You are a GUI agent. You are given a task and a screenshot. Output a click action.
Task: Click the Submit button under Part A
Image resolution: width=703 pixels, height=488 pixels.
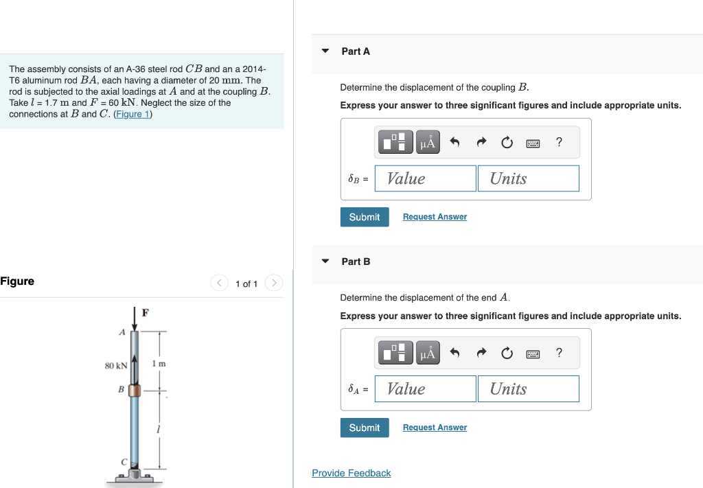[x=364, y=217]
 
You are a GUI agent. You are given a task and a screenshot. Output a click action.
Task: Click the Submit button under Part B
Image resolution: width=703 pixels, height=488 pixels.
[x=364, y=428]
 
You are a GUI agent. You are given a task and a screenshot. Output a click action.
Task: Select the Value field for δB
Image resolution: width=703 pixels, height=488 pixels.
[x=426, y=178]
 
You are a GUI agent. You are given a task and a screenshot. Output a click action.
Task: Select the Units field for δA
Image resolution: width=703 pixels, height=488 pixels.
[x=528, y=389]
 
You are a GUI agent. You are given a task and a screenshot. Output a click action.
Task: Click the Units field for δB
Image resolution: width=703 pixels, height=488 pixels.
[x=528, y=178]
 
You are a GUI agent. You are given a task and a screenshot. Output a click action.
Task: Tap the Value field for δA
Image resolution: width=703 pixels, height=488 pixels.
[x=426, y=389]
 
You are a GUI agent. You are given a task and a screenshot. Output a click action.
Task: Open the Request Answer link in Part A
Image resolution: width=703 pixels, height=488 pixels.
[x=435, y=217]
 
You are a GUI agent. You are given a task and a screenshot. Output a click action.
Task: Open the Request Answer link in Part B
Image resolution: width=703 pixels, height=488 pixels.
[x=435, y=428]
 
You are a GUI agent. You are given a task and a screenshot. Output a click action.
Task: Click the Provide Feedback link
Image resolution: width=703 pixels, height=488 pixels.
[x=351, y=473]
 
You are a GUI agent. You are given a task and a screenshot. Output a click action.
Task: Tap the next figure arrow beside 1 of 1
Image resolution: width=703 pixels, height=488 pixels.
[x=273, y=283]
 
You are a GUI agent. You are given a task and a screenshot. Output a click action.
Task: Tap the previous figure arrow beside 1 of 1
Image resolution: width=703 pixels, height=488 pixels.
[x=220, y=283]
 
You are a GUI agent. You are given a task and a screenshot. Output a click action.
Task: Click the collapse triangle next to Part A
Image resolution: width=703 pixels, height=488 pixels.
[x=325, y=51]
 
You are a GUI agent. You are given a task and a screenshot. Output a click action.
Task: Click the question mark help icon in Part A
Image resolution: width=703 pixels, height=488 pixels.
[x=559, y=142]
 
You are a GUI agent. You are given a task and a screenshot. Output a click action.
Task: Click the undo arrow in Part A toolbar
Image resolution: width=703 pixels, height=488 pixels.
[x=454, y=143]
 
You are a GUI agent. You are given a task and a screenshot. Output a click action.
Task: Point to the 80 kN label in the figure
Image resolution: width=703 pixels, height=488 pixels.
[x=116, y=366]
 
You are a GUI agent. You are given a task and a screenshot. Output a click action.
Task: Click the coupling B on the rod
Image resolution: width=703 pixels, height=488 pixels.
[x=135, y=390]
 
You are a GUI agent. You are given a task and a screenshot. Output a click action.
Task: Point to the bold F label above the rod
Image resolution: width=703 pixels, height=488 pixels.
[x=145, y=313]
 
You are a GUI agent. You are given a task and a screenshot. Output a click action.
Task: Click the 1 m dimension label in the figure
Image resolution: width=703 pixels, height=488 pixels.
[x=159, y=363]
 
